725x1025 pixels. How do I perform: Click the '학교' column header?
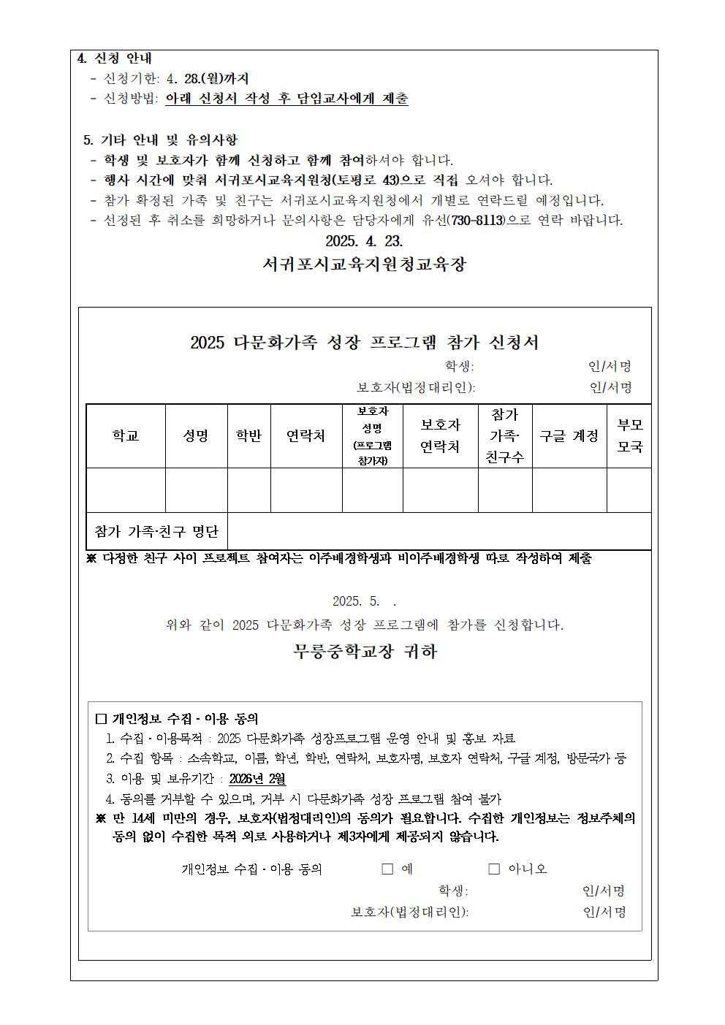(x=126, y=436)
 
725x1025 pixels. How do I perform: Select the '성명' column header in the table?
(x=196, y=436)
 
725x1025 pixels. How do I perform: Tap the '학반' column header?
(x=248, y=436)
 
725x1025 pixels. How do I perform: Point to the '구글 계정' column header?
(x=569, y=436)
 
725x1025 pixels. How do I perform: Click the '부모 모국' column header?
(x=629, y=436)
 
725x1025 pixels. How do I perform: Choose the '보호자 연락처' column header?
(x=440, y=436)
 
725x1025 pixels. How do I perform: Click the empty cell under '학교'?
(x=126, y=489)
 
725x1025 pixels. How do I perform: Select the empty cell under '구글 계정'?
(x=569, y=489)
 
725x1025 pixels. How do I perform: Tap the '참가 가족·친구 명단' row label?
(x=157, y=531)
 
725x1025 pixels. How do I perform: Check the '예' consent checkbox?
(x=387, y=869)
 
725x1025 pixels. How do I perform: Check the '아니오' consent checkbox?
(x=494, y=869)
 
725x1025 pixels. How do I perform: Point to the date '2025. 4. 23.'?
(x=364, y=241)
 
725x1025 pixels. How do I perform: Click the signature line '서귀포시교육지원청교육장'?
(x=364, y=264)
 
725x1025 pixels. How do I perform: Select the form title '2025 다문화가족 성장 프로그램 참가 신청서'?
(x=364, y=343)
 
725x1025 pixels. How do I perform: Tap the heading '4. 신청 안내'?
(x=115, y=58)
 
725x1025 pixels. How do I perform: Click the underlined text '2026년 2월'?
(x=257, y=779)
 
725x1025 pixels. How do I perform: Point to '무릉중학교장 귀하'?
(x=365, y=651)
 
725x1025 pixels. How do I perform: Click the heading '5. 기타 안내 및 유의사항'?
(x=160, y=140)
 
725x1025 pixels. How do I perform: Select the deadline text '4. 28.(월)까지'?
(x=208, y=79)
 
